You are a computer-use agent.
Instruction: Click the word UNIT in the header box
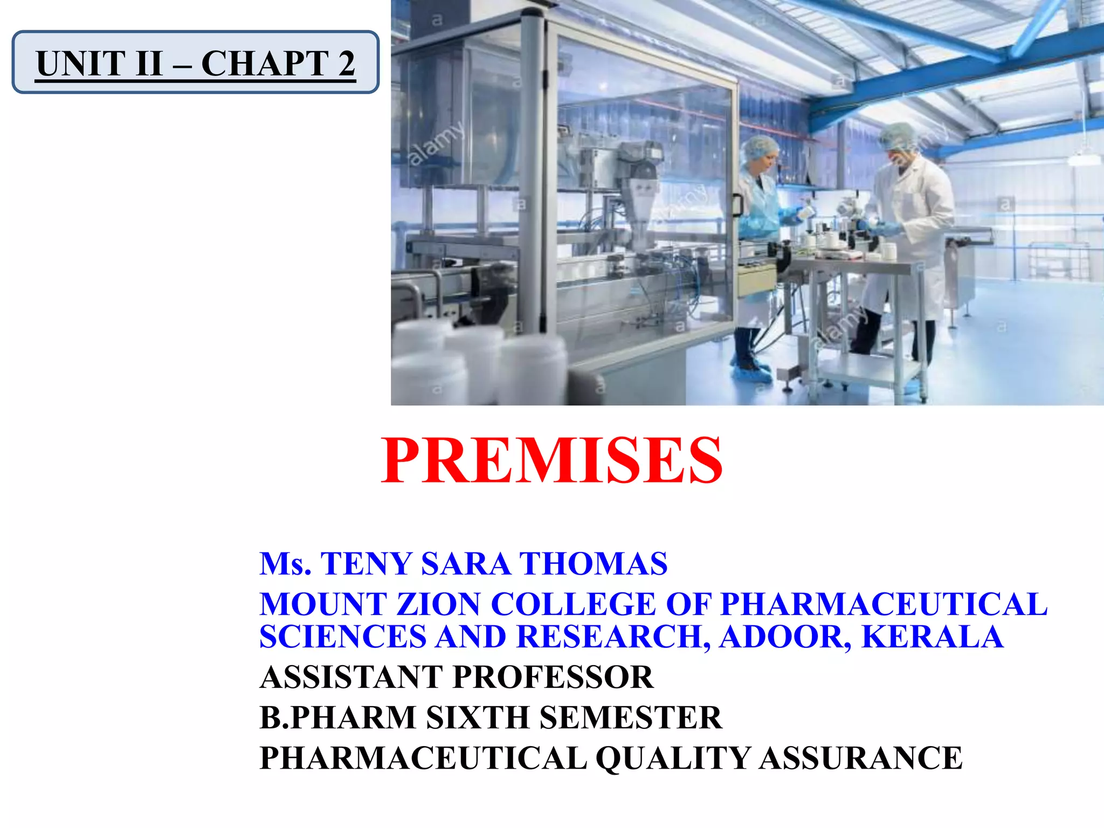[x=80, y=64]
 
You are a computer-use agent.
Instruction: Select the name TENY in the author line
[x=367, y=564]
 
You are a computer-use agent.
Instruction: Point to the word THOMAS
[x=594, y=564]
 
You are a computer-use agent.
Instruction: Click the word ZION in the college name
[x=438, y=604]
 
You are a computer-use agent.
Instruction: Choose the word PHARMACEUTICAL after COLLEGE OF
[x=884, y=604]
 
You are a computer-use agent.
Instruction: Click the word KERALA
[x=932, y=637]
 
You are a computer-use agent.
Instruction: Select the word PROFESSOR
[x=553, y=677]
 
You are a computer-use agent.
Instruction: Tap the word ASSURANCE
[x=861, y=758]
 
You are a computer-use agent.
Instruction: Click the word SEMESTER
[x=630, y=717]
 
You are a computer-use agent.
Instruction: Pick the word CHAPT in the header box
[x=265, y=64]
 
